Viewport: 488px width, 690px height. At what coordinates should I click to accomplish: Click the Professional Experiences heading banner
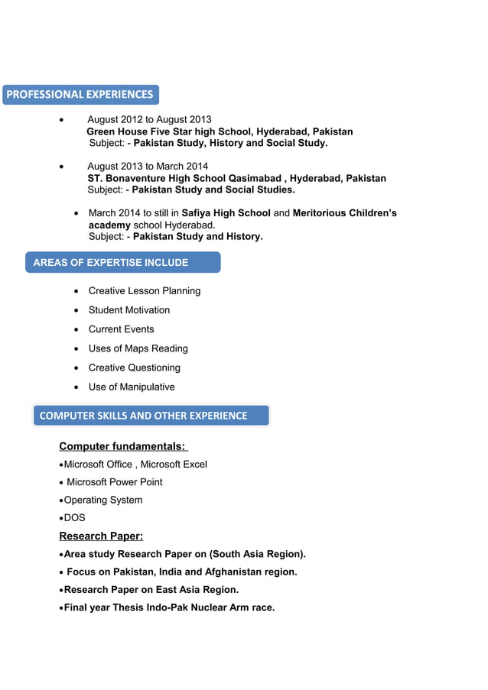(x=80, y=95)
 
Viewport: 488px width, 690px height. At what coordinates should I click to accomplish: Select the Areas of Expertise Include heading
(x=111, y=263)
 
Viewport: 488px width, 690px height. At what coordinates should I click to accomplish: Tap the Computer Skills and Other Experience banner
(x=144, y=416)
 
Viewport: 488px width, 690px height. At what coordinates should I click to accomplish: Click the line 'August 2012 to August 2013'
(x=149, y=120)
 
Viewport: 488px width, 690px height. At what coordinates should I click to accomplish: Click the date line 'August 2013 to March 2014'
(x=147, y=167)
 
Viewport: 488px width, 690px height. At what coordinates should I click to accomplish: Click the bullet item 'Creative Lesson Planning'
(x=145, y=291)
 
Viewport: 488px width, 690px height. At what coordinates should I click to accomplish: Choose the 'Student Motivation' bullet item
(x=129, y=310)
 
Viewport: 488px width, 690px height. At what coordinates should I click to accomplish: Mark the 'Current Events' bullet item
(x=121, y=329)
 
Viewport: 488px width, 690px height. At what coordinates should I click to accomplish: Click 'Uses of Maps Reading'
(x=138, y=348)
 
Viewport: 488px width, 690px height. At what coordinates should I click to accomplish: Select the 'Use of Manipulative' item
(x=132, y=387)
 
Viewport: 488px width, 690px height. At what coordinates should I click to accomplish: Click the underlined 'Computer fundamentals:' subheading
(x=122, y=446)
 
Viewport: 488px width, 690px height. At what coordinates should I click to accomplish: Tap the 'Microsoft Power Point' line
(x=114, y=482)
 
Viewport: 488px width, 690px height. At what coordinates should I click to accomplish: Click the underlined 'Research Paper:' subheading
(x=101, y=536)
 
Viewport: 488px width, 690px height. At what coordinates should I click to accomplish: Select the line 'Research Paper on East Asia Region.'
(x=151, y=590)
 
